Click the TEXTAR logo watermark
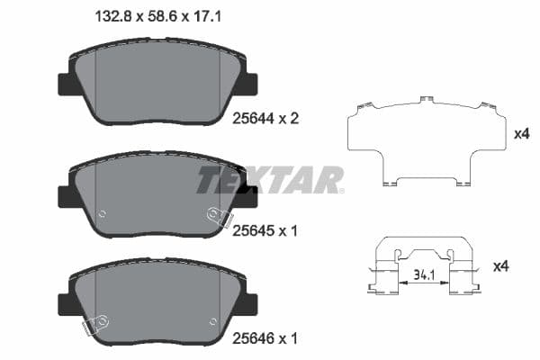tap(270, 179)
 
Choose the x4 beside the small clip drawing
tap(501, 267)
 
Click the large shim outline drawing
tap(423, 144)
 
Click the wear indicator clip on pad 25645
tap(216, 215)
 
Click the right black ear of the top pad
tap(248, 83)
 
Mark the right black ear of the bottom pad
tap(248, 304)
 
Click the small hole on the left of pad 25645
tap(102, 213)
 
